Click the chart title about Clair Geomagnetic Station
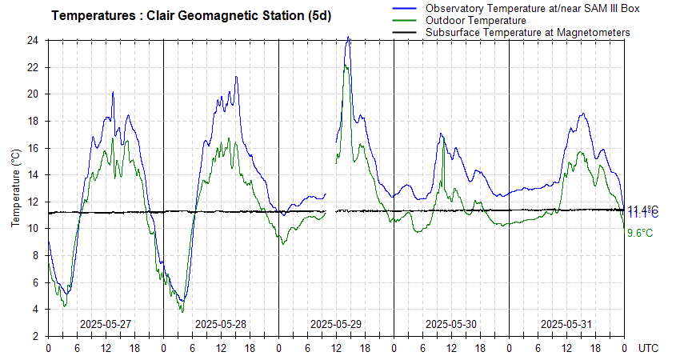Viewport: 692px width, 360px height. [x=192, y=16]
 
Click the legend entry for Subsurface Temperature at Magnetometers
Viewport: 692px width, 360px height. [x=527, y=32]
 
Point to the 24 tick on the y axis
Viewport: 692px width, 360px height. [x=33, y=40]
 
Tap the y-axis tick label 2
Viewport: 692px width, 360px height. [x=36, y=336]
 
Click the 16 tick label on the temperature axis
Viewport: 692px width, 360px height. [x=33, y=148]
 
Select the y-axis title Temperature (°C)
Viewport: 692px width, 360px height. [x=16, y=188]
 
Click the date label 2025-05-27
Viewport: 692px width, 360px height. [x=106, y=324]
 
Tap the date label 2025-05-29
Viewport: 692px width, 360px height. [x=336, y=324]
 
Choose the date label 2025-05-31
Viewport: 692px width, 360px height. [x=566, y=324]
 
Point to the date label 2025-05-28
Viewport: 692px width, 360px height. [x=221, y=324]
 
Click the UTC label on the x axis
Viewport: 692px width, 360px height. [x=649, y=349]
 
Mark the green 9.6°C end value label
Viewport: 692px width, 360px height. [x=640, y=233]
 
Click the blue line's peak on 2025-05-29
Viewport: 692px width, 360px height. [x=348, y=37]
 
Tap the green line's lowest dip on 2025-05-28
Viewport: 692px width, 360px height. [x=182, y=311]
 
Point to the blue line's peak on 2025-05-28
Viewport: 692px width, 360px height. [x=236, y=77]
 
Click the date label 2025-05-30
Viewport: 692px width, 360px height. [x=451, y=324]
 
